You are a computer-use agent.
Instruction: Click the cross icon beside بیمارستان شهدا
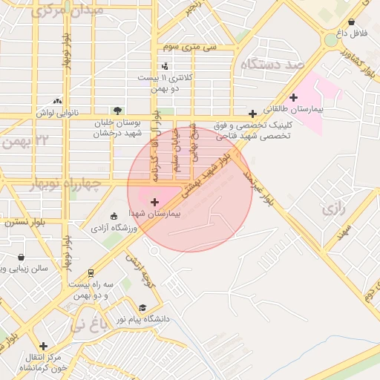tap(154, 202)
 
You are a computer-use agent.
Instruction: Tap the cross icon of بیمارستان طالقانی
tap(294, 97)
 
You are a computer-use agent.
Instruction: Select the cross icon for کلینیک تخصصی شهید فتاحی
tap(253, 114)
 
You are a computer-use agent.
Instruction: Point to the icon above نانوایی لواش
tap(57, 101)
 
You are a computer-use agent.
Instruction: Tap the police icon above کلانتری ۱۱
tap(164, 66)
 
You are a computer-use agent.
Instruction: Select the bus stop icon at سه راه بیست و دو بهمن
tap(91, 273)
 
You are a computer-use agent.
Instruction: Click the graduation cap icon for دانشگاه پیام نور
tap(142, 308)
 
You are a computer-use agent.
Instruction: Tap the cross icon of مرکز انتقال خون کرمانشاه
tap(43, 346)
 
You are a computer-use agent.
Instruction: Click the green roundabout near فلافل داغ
tap(330, 39)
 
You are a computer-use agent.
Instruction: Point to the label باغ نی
tap(89, 324)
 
